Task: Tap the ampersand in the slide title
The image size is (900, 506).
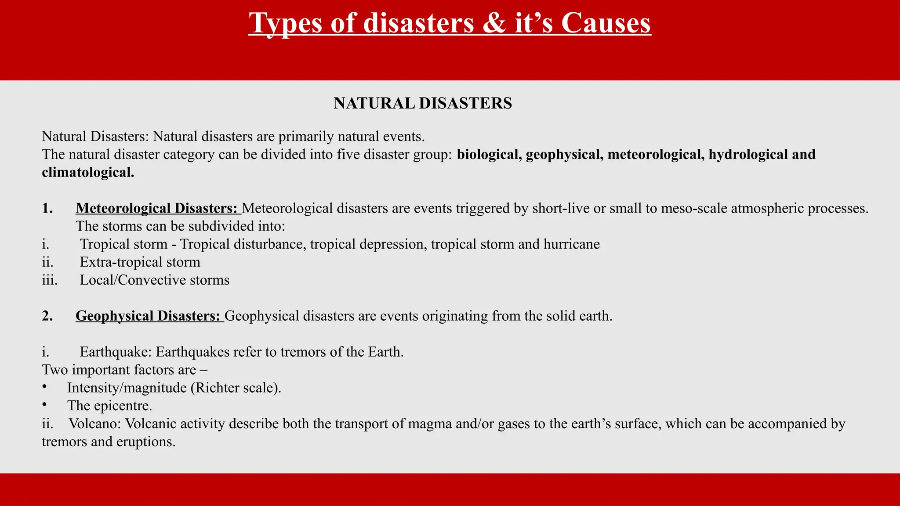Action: (495, 23)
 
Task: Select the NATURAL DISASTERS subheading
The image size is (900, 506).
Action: (423, 104)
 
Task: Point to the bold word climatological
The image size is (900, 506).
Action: (88, 173)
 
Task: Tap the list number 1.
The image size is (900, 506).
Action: (47, 208)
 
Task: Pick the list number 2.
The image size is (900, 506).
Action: (47, 316)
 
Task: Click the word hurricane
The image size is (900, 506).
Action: (571, 244)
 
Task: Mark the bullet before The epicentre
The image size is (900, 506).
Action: (44, 405)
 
